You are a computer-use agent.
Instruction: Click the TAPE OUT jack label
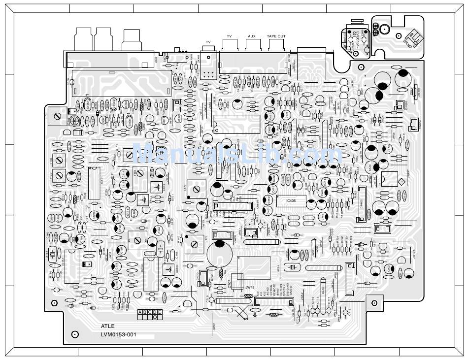point(276,36)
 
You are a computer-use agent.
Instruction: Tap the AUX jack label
point(251,36)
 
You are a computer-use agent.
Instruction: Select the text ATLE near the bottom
point(108,326)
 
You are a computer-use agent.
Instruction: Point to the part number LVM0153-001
point(118,335)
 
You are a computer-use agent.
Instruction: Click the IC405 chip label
point(284,201)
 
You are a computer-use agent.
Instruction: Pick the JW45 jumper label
point(249,288)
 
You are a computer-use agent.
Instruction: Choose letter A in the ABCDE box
point(141,312)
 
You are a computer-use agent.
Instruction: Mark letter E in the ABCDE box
point(160,312)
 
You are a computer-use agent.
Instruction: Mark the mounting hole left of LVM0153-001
point(75,334)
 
